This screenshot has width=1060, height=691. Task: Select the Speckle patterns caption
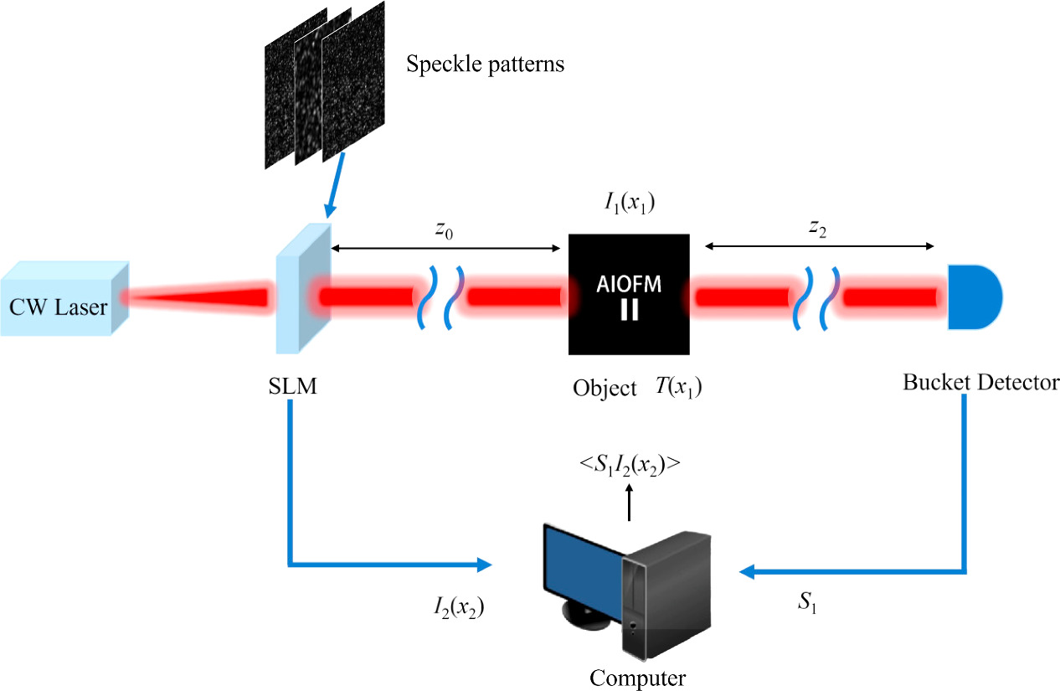click(x=485, y=64)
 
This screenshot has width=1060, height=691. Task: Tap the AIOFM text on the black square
click(x=630, y=285)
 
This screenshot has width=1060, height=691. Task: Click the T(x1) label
click(x=679, y=389)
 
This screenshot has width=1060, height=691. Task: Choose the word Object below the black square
click(x=605, y=389)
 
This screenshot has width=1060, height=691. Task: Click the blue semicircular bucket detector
click(x=973, y=297)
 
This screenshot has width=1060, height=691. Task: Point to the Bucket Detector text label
click(x=974, y=382)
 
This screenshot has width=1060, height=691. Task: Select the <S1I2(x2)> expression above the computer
click(x=630, y=466)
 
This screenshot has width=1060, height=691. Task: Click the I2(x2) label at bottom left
click(x=455, y=606)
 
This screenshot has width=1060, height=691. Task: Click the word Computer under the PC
click(x=638, y=677)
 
